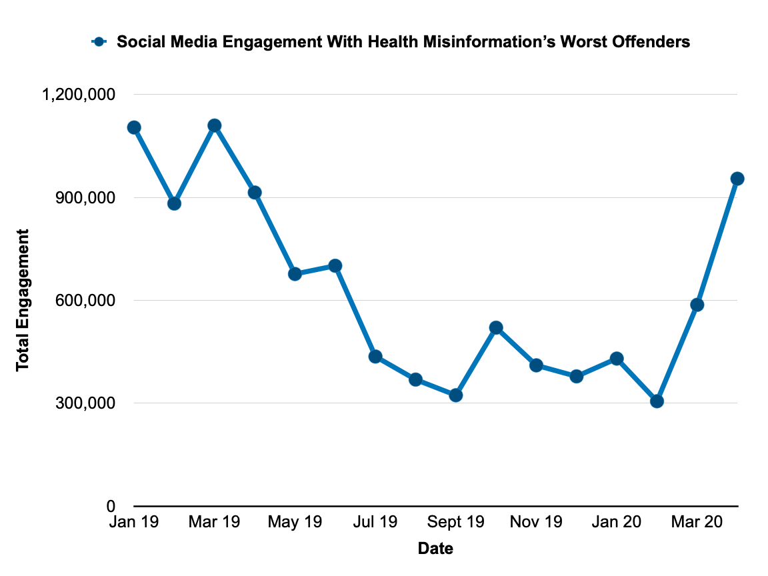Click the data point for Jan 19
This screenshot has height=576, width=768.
[134, 127]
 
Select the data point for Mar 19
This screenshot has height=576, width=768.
[214, 125]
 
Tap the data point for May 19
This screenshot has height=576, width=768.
[295, 274]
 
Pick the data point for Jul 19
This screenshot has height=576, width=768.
[375, 357]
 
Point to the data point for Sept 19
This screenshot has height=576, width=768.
[456, 395]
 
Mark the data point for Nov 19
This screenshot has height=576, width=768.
[536, 365]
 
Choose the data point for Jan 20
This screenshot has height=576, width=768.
[617, 359]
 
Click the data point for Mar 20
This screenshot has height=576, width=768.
[697, 305]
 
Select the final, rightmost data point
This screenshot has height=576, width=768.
[737, 179]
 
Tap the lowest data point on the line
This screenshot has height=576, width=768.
[657, 401]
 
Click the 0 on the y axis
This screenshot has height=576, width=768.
[111, 507]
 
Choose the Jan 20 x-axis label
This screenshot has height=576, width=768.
[617, 523]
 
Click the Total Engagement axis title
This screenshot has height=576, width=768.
[23, 300]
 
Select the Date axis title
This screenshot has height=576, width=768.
[435, 549]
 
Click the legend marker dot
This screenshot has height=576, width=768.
[99, 42]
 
